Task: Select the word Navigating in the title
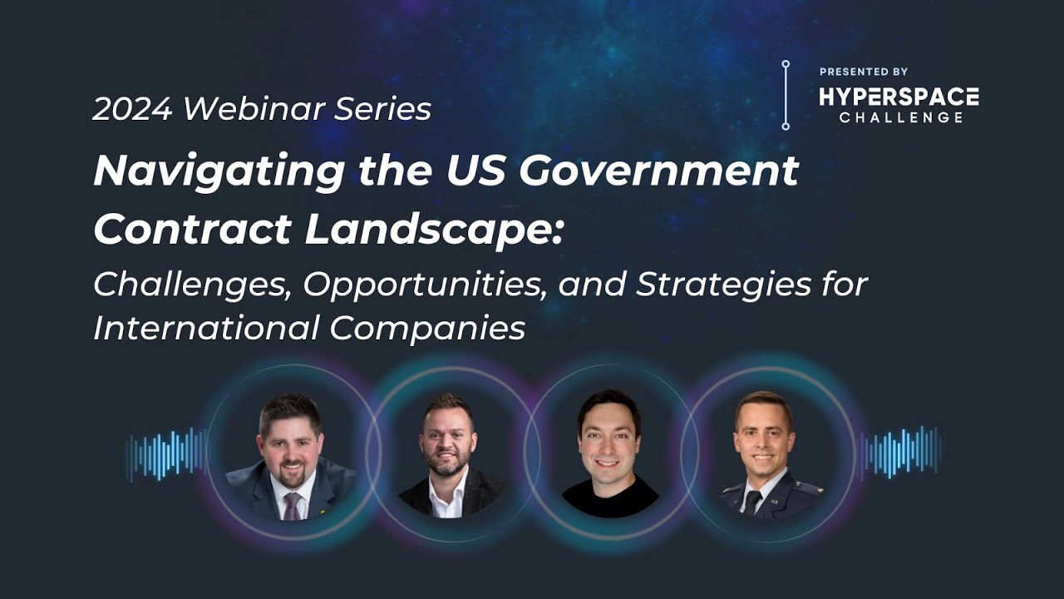[219, 172]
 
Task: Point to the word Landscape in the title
[432, 230]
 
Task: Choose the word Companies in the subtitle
[427, 329]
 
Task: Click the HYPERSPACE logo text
[899, 97]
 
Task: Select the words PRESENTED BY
[864, 72]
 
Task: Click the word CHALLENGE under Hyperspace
[900, 117]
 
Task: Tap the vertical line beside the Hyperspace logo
[786, 95]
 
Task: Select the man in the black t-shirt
[610, 453]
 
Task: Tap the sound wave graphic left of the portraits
[166, 454]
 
